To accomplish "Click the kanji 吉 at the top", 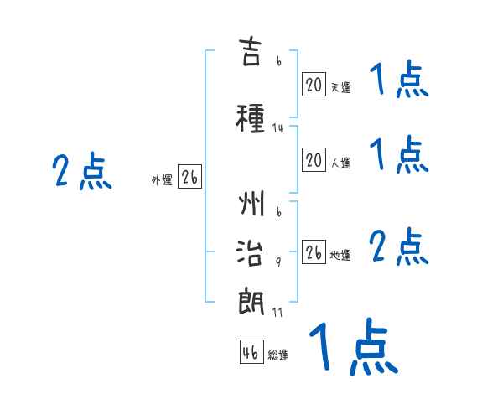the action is [250, 51].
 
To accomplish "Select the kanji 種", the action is [250, 118].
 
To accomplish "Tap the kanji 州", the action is [251, 203].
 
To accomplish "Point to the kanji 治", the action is [250, 253].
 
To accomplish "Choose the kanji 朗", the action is [251, 302].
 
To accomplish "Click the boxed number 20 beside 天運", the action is [314, 85].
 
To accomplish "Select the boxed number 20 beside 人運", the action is [314, 159].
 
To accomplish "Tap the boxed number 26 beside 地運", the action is [314, 251].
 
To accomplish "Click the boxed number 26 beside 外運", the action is [189, 177].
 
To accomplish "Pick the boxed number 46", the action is [251, 351].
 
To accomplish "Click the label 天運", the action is [340, 87].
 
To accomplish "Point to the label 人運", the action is [340, 163].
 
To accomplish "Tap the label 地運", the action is [340, 255].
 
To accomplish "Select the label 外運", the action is [162, 180].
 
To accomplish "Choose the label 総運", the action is [278, 355].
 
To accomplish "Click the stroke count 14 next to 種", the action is [277, 128].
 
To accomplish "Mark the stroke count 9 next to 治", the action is [278, 262].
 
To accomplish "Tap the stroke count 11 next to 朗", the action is [277, 313].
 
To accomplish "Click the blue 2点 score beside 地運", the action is [399, 246].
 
